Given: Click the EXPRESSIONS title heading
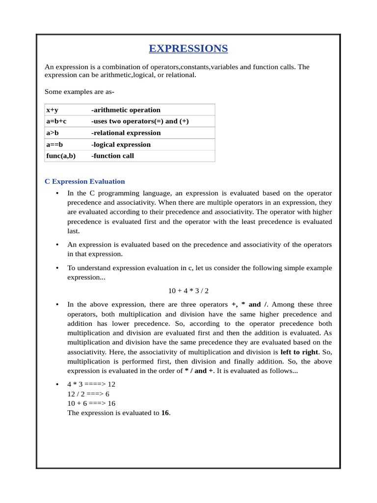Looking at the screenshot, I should pos(188,49).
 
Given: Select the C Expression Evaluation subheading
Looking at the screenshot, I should pos(84,181).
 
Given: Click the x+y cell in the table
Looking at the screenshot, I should pos(52,110).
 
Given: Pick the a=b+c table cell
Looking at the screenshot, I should pos(56,121).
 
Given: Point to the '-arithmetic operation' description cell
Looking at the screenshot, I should pos(126,110).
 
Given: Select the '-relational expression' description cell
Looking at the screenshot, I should pos(126,133).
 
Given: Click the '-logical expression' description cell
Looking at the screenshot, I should pos(121,144).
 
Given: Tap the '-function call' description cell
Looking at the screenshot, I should pos(112,156).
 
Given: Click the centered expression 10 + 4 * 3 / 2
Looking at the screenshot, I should pos(188,291).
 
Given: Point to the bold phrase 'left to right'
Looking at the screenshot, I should pos(299,352).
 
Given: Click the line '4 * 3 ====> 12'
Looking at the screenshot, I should pos(91,384).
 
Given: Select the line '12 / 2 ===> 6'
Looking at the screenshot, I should pos(88,394).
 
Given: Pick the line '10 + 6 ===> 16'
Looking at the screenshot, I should pos(91,403).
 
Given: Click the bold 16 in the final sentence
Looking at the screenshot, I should pos(165,413).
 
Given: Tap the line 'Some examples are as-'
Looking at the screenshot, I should pos(80,91).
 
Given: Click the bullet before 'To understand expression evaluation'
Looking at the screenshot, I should pos(57,268).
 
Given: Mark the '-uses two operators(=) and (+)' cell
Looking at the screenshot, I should pos(140,121).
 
